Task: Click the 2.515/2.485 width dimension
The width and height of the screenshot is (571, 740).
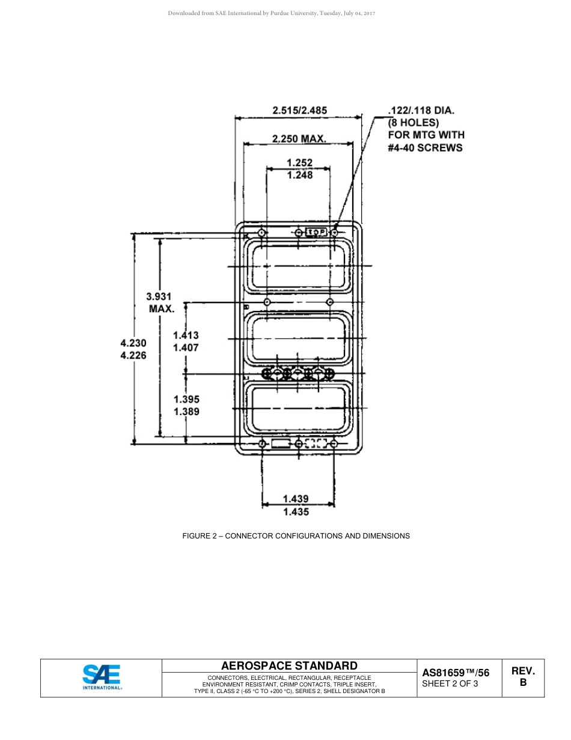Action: point(299,110)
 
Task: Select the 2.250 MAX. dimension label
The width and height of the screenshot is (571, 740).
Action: point(299,138)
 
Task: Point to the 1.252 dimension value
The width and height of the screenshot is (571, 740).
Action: point(299,162)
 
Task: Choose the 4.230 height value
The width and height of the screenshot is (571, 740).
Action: point(133,342)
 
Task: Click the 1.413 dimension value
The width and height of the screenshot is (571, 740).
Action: point(186,335)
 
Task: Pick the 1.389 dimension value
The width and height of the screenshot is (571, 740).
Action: point(186,412)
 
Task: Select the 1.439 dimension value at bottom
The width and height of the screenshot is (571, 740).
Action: point(295,498)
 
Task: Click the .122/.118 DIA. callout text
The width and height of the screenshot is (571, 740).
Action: point(421,110)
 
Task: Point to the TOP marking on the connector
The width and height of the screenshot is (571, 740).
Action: point(316,232)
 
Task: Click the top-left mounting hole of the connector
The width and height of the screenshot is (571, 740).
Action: point(261,232)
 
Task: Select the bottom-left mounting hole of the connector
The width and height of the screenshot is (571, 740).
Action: point(262,444)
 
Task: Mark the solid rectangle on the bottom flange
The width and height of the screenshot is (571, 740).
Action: point(281,444)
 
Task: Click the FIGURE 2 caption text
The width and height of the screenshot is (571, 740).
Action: point(296,535)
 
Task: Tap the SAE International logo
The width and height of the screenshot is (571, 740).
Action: point(102,677)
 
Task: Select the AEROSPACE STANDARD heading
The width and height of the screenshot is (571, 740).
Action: point(289,665)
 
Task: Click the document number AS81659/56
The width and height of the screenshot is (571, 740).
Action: point(456,673)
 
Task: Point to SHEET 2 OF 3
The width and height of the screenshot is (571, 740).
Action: point(450,683)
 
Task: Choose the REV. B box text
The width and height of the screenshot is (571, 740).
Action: point(523,676)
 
